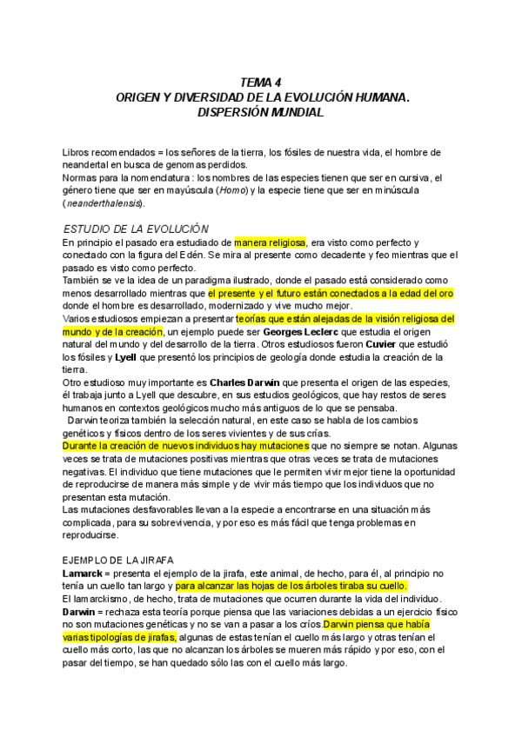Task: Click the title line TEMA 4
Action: tap(260, 83)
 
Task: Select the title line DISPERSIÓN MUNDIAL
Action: tap(260, 112)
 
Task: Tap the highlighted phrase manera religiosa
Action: tap(270, 242)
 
